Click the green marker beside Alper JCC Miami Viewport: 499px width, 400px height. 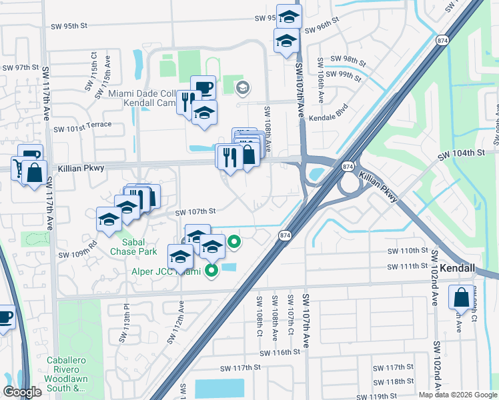click(x=211, y=270)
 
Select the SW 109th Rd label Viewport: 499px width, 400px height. click(x=78, y=254)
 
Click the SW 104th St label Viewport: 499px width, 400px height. click(x=460, y=154)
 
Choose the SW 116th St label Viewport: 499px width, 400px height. click(x=282, y=353)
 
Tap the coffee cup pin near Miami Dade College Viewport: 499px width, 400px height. click(x=203, y=87)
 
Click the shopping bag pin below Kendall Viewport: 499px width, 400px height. click(x=461, y=298)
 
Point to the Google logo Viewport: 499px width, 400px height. click(x=22, y=392)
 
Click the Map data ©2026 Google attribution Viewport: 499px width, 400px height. click(x=458, y=395)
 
